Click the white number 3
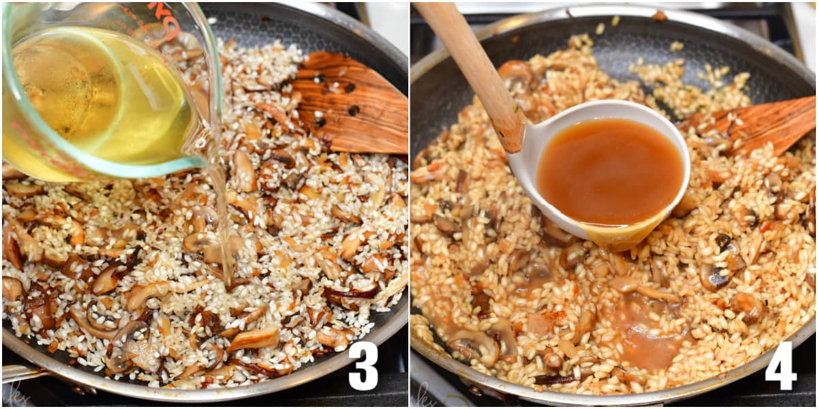click(363, 366)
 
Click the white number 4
click(781, 366)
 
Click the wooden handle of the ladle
click(477, 68)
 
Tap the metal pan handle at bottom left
click(20, 374)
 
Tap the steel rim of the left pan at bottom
click(204, 396)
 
